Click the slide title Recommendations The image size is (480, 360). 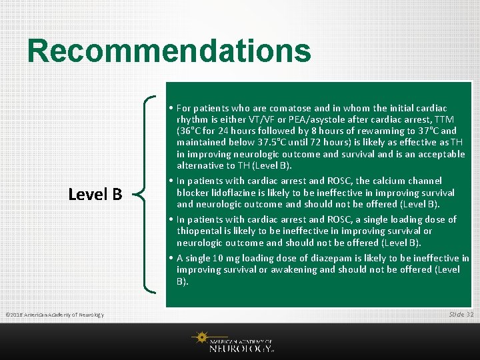(169, 51)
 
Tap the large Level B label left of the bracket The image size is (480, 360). (95, 194)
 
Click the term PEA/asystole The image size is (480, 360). (297, 119)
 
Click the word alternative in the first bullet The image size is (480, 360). (201, 165)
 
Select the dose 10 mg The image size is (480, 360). (223, 258)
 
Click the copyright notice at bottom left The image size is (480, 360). (54, 315)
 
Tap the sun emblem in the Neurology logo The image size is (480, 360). (199, 338)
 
